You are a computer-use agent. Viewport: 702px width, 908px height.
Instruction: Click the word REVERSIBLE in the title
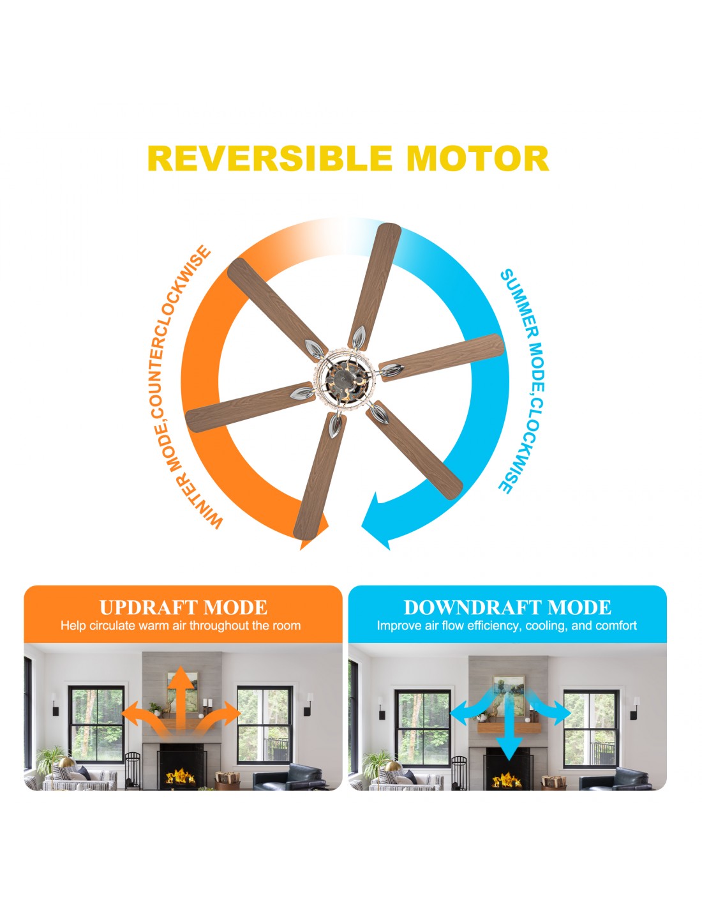pyautogui.click(x=270, y=158)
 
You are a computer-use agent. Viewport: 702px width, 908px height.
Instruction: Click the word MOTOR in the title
pyautogui.click(x=477, y=158)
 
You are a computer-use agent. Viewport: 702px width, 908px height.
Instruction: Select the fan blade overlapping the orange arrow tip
pyautogui.click(x=320, y=476)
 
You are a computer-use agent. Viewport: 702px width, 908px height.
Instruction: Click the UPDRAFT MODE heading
pyautogui.click(x=183, y=607)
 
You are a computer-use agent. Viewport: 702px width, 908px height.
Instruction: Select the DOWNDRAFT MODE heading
pyautogui.click(x=507, y=607)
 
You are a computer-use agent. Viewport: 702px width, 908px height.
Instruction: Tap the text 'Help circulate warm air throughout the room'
pyautogui.click(x=181, y=626)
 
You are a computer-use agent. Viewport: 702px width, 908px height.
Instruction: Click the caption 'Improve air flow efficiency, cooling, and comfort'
pyautogui.click(x=507, y=626)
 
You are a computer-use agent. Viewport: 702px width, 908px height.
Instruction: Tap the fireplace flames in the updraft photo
pyautogui.click(x=181, y=777)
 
